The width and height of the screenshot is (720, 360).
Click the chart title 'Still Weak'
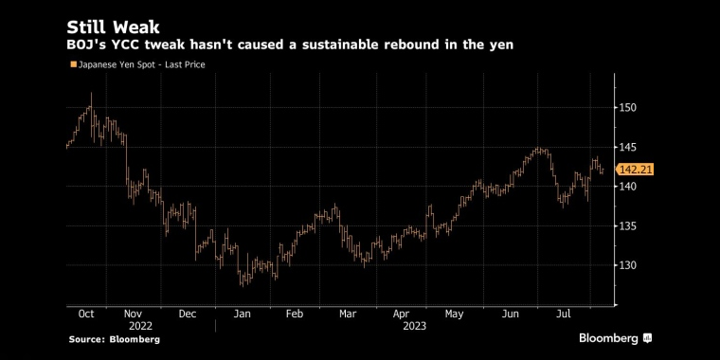coord(113,27)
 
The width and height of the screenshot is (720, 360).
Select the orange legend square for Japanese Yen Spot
coord(73,64)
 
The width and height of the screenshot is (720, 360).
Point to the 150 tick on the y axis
coord(628,107)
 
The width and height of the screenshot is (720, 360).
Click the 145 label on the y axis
coord(628,147)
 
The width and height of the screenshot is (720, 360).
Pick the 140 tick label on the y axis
coord(628,187)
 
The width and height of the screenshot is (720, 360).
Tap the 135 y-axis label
coord(628,225)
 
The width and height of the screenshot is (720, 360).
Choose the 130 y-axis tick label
coord(628,265)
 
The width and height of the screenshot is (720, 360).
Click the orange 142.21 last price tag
coord(635,170)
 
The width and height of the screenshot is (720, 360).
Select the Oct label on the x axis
coord(86,315)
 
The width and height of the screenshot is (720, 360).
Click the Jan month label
coord(242,315)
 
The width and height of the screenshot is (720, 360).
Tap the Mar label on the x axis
coord(348,315)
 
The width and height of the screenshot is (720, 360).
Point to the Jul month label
coord(564,315)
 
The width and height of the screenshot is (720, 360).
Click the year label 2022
coord(140,327)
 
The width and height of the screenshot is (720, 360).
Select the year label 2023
coord(415,327)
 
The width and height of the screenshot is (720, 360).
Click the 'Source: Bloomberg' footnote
coord(115,340)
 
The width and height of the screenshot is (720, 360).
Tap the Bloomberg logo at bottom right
coord(615,339)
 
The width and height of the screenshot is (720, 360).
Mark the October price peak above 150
coord(91,93)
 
